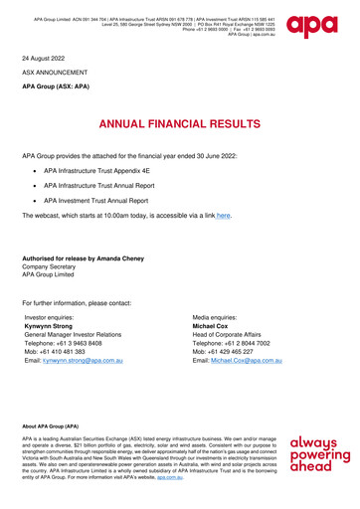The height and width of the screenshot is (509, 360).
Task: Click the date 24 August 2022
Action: (46, 59)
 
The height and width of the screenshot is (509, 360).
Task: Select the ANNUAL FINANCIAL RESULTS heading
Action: (180, 125)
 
